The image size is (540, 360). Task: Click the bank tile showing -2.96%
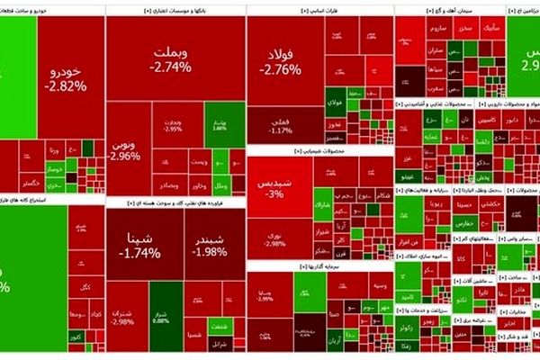tap(126, 148)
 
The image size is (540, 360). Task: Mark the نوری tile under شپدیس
tap(274, 238)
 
